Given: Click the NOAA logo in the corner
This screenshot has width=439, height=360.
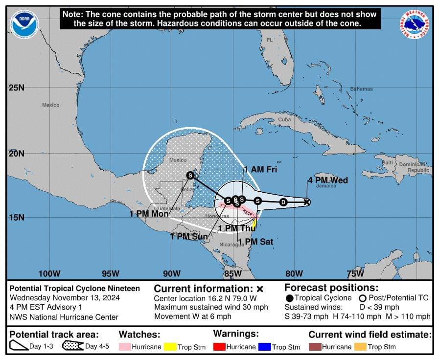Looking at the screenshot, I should coord(24,24).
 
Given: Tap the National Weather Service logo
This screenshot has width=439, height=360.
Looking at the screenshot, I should coord(415,24).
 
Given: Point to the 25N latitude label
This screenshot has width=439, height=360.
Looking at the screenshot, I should coord(16,88).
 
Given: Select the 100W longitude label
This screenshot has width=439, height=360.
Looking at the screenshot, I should coord(49,273).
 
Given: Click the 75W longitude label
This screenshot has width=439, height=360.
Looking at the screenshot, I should coord(355,273).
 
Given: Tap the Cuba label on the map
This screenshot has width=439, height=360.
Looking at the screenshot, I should coord(284,119).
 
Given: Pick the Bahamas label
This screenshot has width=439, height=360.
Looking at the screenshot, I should coord(361,89).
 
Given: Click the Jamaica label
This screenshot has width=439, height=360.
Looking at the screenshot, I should coord(326,186).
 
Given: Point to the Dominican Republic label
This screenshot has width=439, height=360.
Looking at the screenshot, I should coord(412,167).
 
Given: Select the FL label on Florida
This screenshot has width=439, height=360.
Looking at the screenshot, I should coord(270,40).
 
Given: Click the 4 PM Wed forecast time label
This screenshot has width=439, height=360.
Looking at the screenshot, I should coord(327,180).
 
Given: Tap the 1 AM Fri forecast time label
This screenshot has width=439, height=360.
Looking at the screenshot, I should coord(260,170).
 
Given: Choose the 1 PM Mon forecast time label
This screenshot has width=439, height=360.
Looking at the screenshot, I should coord(149,214).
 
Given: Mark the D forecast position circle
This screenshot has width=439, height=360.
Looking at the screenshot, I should coord(283,202).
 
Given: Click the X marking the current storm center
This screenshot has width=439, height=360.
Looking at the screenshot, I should coord(307,202).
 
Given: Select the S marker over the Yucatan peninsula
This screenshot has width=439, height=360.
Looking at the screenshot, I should coord(190,175).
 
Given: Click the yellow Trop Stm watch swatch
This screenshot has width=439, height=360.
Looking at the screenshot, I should coord(170,347).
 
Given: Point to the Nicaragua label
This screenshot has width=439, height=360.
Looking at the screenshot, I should coord(231,244).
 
